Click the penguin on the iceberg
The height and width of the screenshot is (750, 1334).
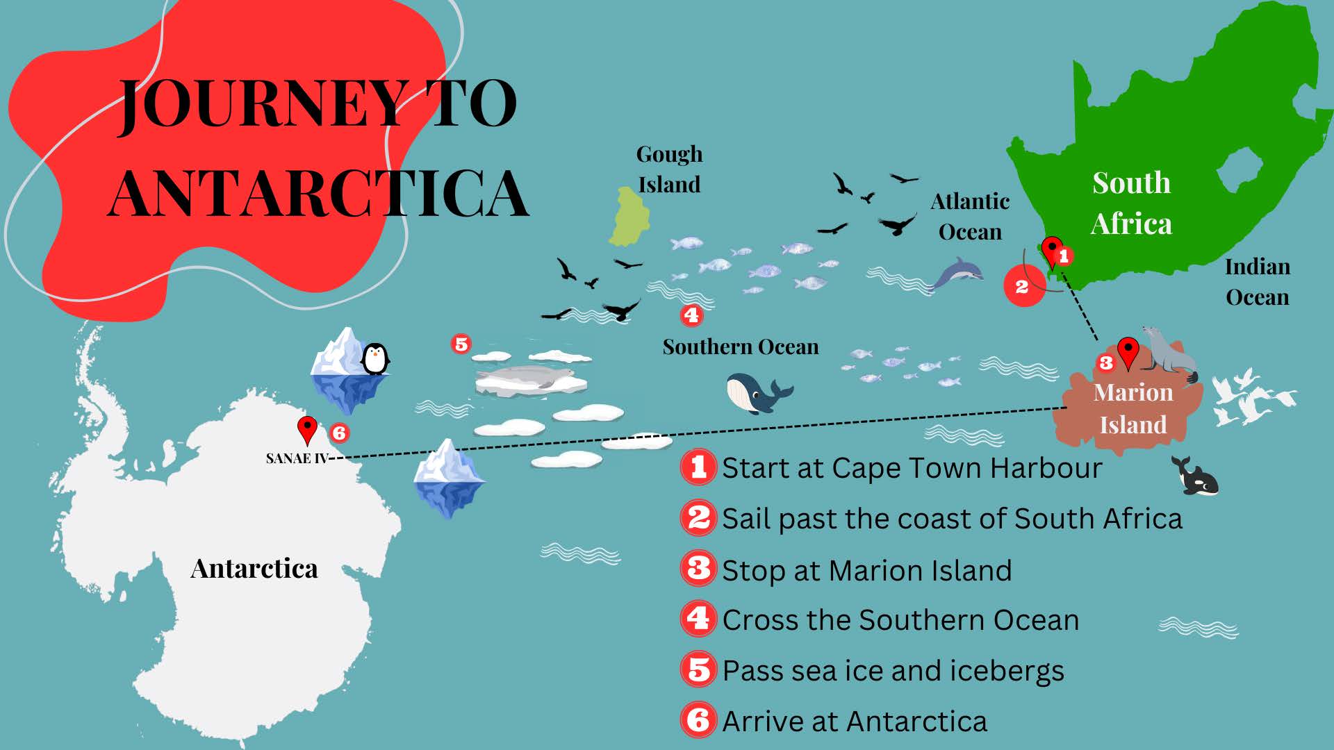(x=375, y=359)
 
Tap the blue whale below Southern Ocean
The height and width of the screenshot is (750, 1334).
(x=756, y=393)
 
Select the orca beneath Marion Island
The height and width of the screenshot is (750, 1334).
(x=1196, y=478)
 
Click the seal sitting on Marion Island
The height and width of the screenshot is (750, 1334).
(x=1170, y=354)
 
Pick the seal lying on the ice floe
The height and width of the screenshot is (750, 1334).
(x=528, y=378)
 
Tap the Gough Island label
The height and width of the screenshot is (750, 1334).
(x=669, y=169)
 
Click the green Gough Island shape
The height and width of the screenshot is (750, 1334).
(x=629, y=217)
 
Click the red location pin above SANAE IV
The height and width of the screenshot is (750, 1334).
(x=307, y=428)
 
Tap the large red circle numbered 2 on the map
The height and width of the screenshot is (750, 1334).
(x=1023, y=285)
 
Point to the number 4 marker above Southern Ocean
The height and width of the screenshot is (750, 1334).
(x=691, y=315)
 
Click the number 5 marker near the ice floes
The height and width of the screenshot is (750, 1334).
(x=461, y=344)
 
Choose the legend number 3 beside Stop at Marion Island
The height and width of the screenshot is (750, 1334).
(x=698, y=569)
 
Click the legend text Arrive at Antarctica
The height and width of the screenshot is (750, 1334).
(x=855, y=722)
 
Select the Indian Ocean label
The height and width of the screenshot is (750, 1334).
(x=1257, y=281)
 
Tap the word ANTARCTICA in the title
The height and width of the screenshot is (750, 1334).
(x=318, y=193)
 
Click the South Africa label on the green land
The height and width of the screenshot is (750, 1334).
(x=1131, y=203)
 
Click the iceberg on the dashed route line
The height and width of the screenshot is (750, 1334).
(x=448, y=478)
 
